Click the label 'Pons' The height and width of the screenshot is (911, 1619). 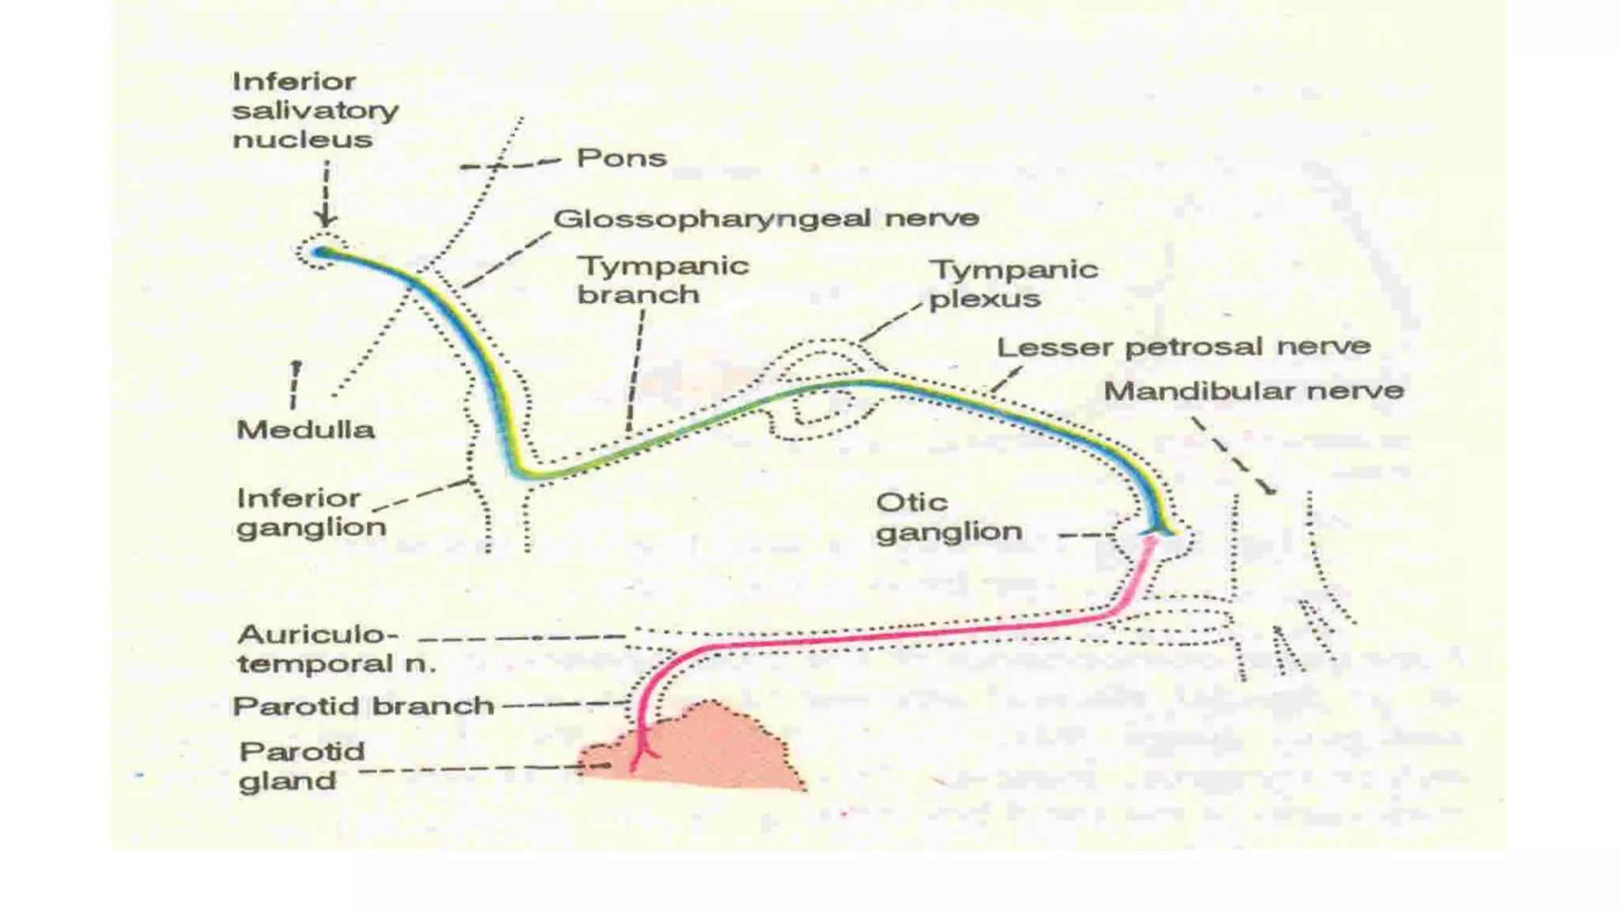(621, 158)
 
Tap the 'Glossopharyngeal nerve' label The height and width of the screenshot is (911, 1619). (765, 218)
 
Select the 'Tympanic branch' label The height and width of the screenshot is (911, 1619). (662, 280)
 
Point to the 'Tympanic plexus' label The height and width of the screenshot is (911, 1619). (1013, 284)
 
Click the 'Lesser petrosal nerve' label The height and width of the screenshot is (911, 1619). (1183, 347)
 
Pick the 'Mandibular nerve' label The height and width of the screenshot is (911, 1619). (1253, 391)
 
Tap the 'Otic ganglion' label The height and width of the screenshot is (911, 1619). (949, 517)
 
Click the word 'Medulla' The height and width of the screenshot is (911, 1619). (305, 430)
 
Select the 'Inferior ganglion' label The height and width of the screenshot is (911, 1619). (311, 512)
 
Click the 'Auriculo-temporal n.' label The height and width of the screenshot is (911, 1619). (336, 648)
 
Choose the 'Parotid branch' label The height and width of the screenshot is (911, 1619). (363, 705)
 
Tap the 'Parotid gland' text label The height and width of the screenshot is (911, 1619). (301, 765)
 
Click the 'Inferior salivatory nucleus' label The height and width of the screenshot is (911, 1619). (315, 110)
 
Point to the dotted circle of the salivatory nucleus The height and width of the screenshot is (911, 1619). (321, 251)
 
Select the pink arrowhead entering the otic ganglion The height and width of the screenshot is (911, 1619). (1150, 542)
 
